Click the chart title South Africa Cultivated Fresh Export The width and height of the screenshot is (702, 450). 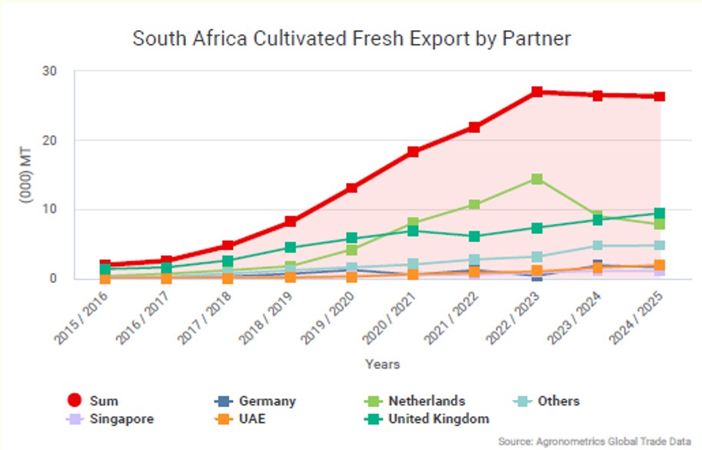pyautogui.click(x=351, y=39)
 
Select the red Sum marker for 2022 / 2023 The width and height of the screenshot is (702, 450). pyautogui.click(x=537, y=92)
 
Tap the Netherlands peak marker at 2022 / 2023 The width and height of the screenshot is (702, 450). pyautogui.click(x=537, y=179)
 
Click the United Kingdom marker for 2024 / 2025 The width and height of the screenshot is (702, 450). pyautogui.click(x=659, y=213)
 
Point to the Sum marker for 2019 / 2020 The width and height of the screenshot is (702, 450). pyautogui.click(x=351, y=188)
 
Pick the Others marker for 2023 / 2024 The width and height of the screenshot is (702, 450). pyautogui.click(x=597, y=245)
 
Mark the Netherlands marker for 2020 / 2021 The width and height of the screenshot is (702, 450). pyautogui.click(x=413, y=223)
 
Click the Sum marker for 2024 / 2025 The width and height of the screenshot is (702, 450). pyautogui.click(x=659, y=97)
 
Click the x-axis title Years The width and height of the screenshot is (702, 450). pyautogui.click(x=382, y=364)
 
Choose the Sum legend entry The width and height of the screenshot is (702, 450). pyautogui.click(x=92, y=401)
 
